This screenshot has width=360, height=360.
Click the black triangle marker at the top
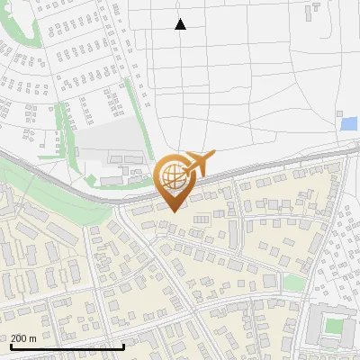point(180,24)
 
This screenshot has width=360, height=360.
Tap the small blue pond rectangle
point(348,123)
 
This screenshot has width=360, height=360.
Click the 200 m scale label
point(24,338)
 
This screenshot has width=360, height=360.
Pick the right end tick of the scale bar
point(123,345)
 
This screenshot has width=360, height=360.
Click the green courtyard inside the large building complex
point(334,326)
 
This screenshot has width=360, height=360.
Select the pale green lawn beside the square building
point(293,283)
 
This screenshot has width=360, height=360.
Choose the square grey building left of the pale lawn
point(271,280)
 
